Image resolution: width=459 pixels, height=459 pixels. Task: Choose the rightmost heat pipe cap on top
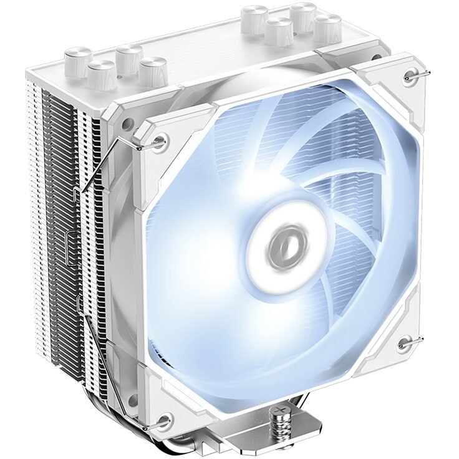[x=328, y=28]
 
